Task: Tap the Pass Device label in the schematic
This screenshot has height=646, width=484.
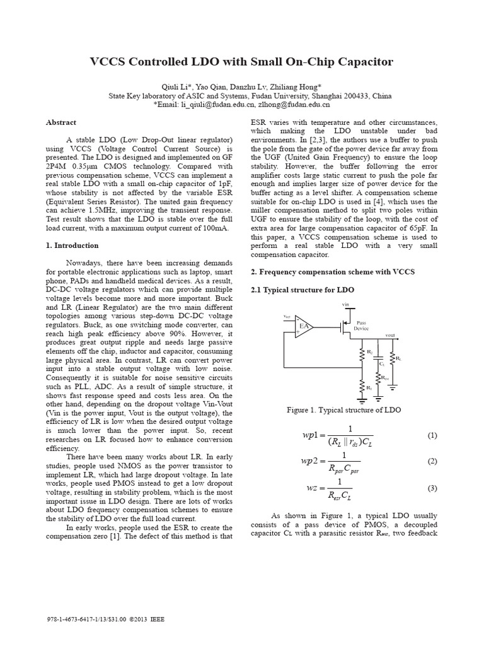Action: click(362, 325)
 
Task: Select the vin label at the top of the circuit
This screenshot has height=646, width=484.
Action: click(345, 304)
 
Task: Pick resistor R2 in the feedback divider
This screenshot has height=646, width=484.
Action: click(362, 354)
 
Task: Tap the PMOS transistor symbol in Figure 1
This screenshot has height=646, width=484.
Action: click(342, 327)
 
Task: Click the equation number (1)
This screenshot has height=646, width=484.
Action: click(432, 435)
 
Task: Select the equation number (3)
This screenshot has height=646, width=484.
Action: click(432, 488)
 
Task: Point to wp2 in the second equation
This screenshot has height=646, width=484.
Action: click(313, 462)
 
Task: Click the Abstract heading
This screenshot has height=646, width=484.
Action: click(61, 122)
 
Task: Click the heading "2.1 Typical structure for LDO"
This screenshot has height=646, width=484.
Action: click(302, 290)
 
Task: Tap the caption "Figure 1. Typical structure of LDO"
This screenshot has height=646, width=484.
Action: click(344, 410)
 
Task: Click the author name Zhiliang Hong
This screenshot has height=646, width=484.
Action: click(297, 86)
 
